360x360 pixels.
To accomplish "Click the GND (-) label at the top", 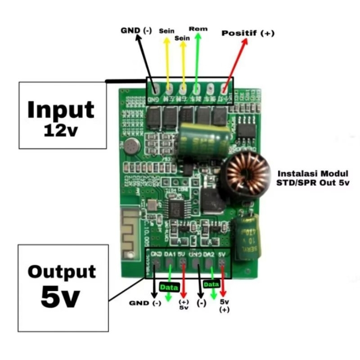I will (136, 31).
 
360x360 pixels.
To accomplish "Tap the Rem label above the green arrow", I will (198, 29).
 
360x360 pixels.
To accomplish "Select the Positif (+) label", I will (248, 33).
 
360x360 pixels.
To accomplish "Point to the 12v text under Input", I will (61, 130).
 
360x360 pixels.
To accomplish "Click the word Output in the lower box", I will (62, 272).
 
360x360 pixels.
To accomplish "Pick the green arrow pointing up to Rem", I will (197, 58).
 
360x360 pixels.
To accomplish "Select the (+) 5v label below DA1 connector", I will (184, 304).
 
